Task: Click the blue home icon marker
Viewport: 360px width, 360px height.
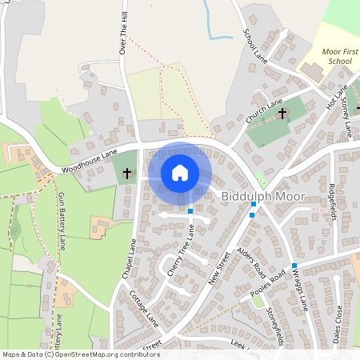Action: click(180, 172)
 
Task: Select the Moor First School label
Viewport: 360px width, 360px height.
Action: click(336, 55)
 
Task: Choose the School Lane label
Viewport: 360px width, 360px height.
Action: click(254, 44)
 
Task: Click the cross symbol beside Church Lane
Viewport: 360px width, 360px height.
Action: click(282, 114)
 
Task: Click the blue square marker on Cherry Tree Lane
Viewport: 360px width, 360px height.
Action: click(190, 211)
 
